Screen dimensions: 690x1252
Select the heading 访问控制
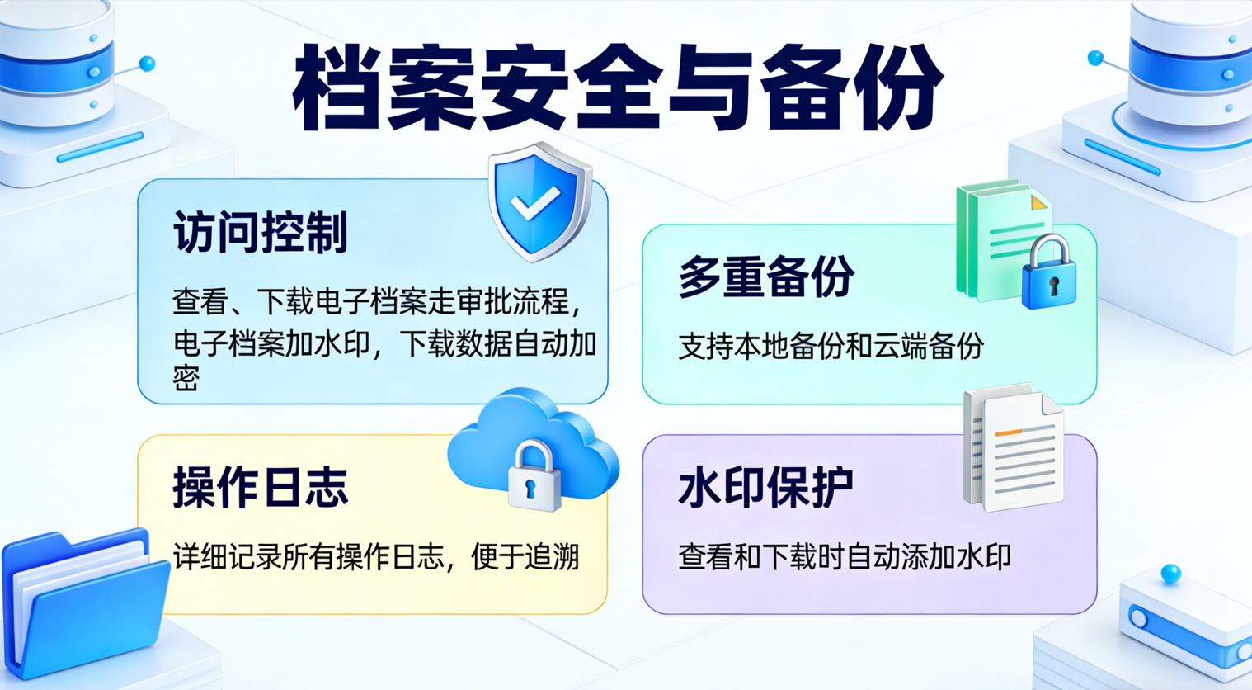pos(260,232)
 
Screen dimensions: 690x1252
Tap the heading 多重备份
pos(765,276)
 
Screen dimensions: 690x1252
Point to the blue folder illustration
pos(82,603)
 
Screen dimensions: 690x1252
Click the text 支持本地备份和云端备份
pos(831,347)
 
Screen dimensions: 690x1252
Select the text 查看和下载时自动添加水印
pos(844,558)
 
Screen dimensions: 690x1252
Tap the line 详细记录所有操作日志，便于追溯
pos(376,558)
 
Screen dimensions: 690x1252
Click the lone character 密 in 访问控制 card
pos(186,378)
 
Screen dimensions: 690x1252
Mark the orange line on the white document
pos(1009,432)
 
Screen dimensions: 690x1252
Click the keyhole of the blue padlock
pos(1053,286)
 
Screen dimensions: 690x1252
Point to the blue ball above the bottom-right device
pos(1170,573)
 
